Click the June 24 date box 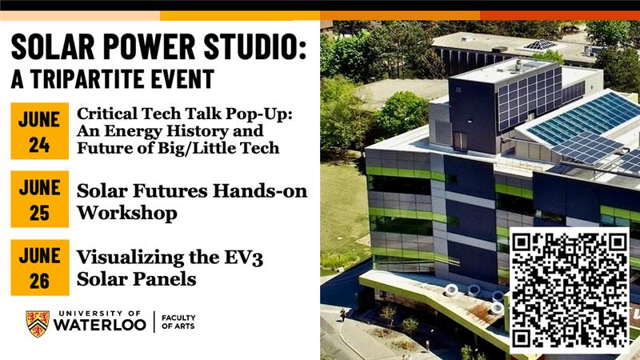39,131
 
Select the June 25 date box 39,199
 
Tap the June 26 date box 40,267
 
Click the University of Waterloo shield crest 38,324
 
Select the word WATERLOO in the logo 100,325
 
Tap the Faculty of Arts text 178,322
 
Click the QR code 570,290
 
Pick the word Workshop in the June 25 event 127,213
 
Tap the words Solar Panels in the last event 136,279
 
